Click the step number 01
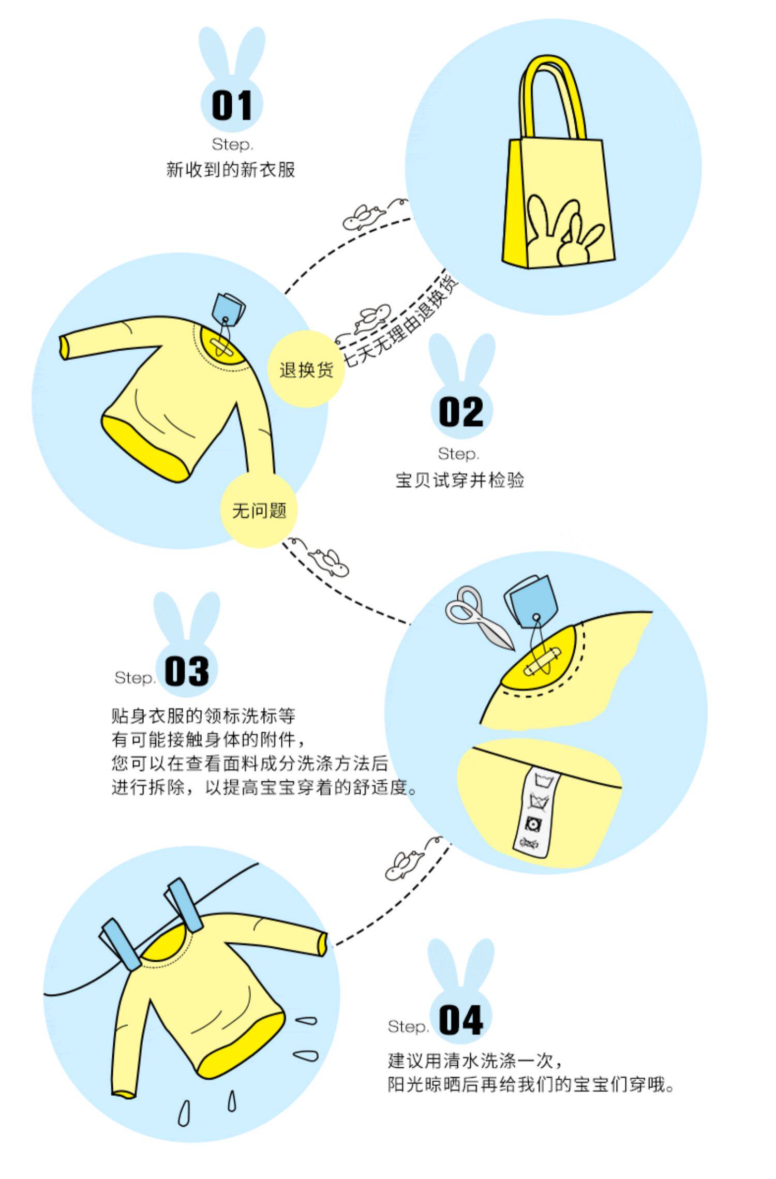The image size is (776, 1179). coord(232,105)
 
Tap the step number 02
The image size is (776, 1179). coord(461,412)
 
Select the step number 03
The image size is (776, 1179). coord(187,671)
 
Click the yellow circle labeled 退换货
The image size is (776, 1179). coord(306,369)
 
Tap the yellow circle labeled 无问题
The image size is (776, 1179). coord(259,511)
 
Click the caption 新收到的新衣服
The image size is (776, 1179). coord(230,170)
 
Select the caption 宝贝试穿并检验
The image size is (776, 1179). coord(459,480)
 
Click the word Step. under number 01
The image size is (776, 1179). coord(232,144)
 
